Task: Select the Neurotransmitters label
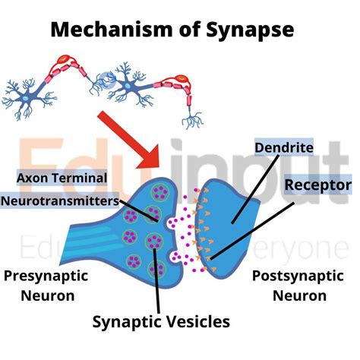tap(60, 202)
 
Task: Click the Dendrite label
tap(279, 147)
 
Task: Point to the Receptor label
tap(317, 185)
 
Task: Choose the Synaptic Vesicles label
tap(161, 321)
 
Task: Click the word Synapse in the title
tap(253, 31)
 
